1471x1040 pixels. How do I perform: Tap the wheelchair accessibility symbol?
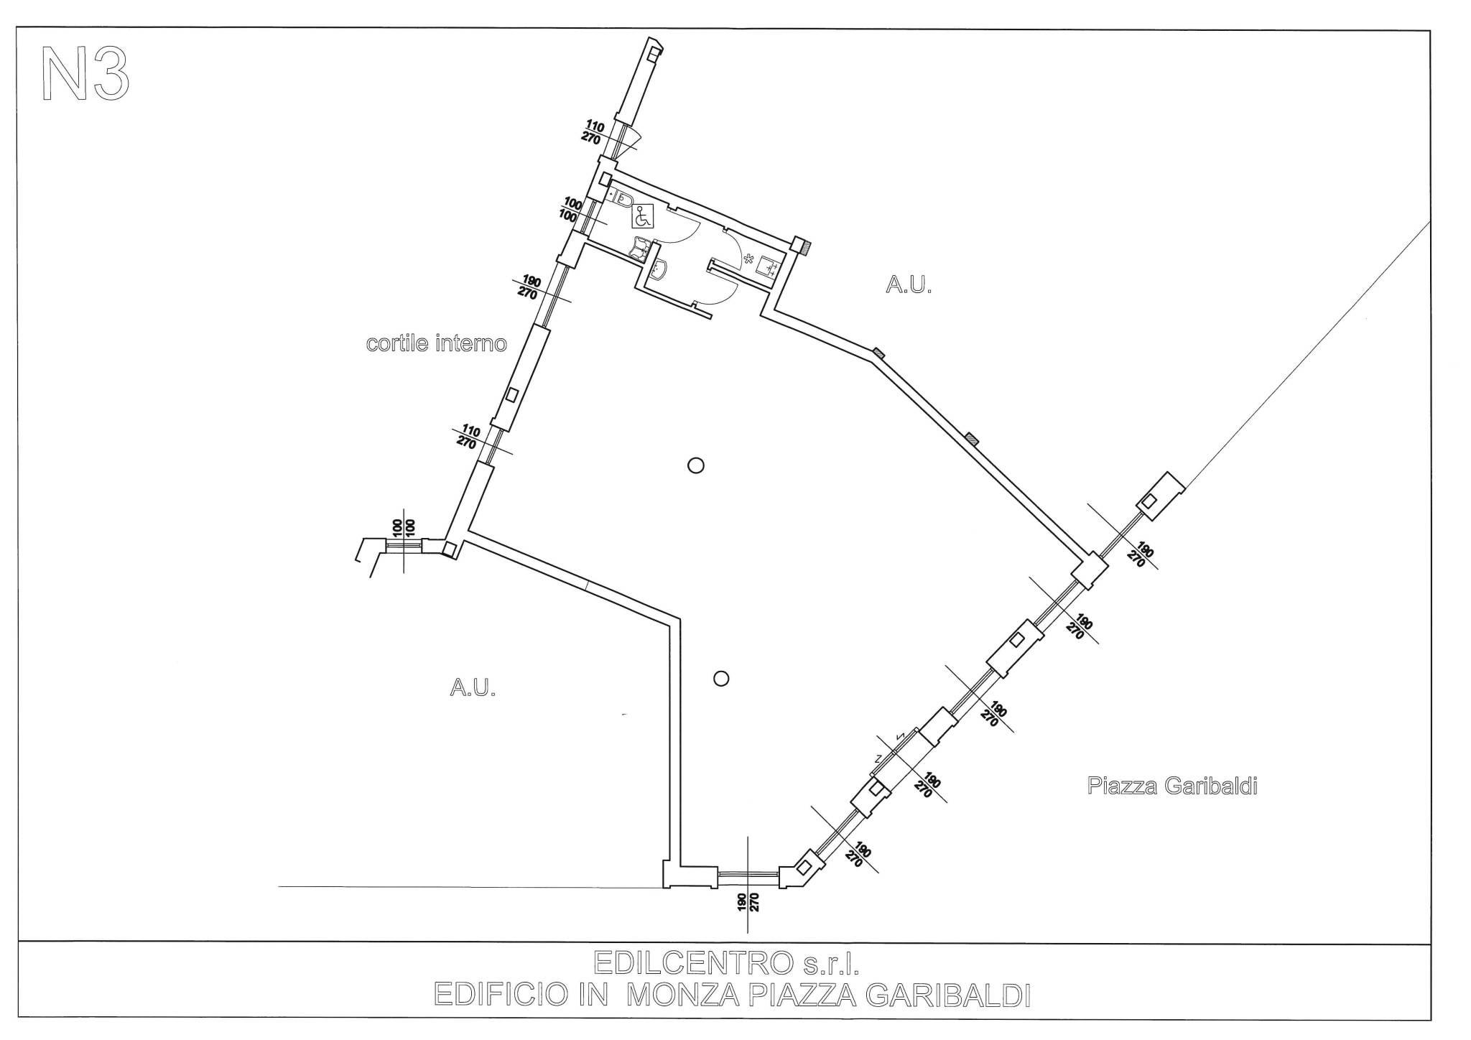[x=642, y=215]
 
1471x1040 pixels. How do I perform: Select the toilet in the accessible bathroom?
[x=623, y=198]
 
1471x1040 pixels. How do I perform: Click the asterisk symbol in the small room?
[x=748, y=259]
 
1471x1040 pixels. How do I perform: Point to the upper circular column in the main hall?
[x=695, y=465]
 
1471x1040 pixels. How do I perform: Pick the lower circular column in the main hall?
[x=722, y=678]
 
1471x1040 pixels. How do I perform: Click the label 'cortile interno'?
[x=436, y=344]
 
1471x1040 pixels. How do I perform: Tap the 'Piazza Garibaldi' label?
[x=1172, y=786]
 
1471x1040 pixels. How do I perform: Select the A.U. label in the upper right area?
[x=909, y=286]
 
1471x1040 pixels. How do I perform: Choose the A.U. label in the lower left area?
[x=473, y=689]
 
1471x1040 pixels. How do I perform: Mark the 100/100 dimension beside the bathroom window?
[x=571, y=209]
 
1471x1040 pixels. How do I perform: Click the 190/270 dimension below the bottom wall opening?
[x=748, y=901]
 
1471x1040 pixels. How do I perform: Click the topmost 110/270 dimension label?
[x=593, y=133]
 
